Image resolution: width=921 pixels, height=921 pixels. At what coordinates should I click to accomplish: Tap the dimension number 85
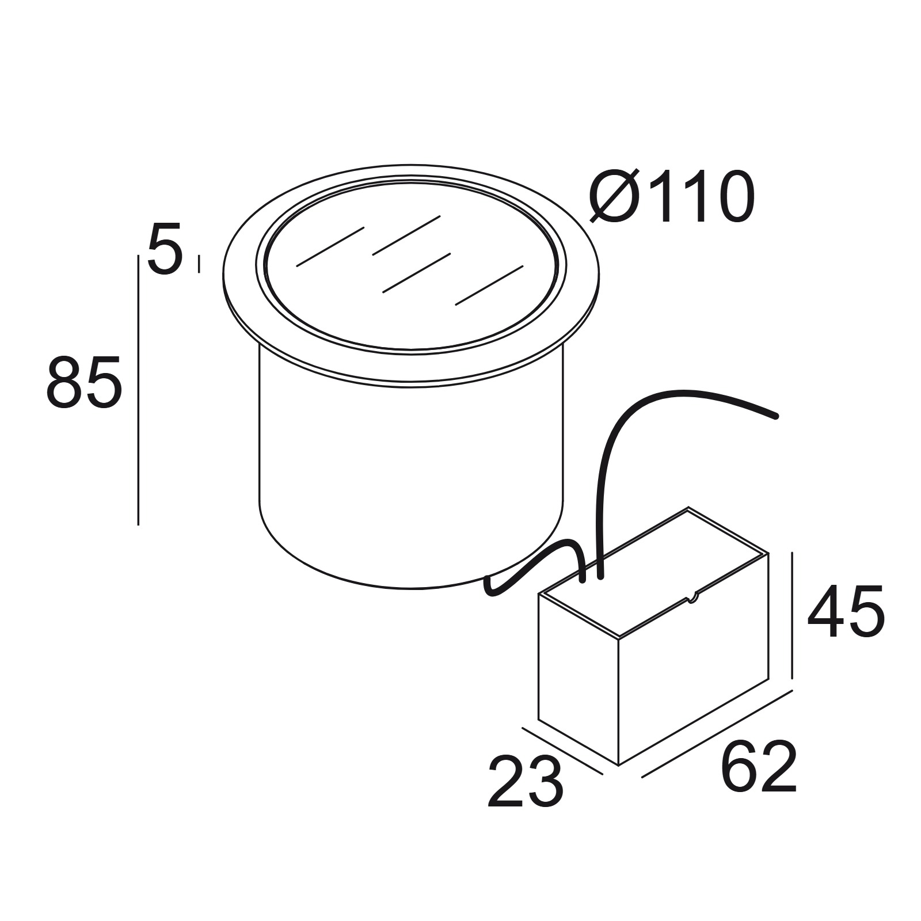tap(84, 382)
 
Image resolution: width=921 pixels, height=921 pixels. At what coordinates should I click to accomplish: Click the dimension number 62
tap(759, 767)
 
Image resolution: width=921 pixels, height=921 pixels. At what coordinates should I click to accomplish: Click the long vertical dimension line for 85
tap(139, 390)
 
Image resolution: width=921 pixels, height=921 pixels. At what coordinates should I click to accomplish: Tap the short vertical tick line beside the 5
tap(199, 264)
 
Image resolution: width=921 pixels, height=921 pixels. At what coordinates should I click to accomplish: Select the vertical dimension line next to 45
tap(793, 615)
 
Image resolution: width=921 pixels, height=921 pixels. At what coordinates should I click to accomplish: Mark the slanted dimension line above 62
tap(717, 733)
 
